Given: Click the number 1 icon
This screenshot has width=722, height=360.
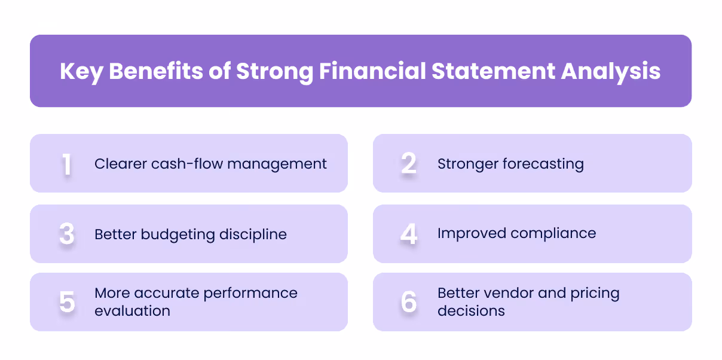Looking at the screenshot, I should click(x=66, y=164).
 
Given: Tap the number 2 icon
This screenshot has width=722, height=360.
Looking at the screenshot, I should click(x=409, y=164).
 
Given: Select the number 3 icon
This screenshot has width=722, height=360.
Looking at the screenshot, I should click(x=67, y=234).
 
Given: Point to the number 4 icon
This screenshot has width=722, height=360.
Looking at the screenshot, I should click(x=409, y=234).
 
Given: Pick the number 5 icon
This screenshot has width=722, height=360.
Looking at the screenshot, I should click(x=67, y=303).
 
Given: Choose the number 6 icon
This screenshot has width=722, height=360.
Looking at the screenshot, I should click(x=409, y=303).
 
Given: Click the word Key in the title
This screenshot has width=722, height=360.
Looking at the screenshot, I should click(x=81, y=72).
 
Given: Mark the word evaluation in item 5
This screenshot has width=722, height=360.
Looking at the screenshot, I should click(x=132, y=311).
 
